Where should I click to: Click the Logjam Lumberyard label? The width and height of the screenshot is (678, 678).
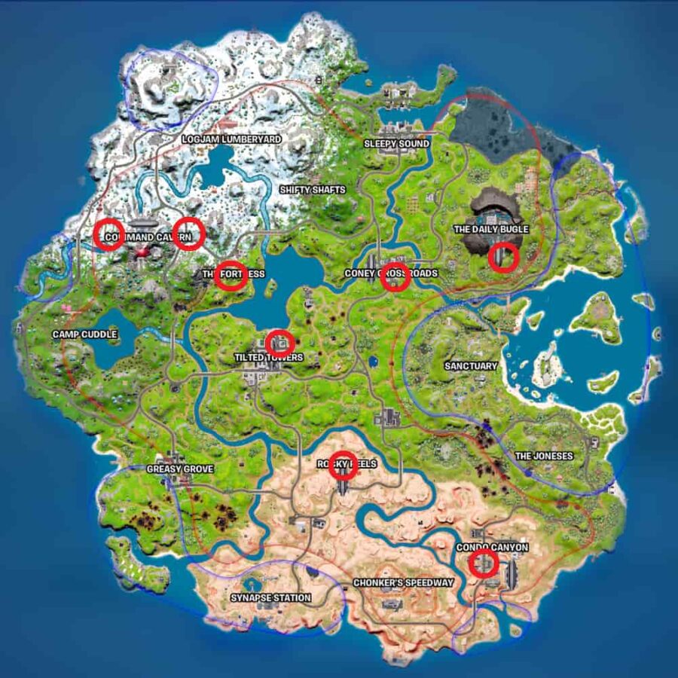coord(231,139)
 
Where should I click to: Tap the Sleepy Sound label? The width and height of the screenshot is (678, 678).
coord(396,143)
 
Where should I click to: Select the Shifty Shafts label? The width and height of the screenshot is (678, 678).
coord(312,190)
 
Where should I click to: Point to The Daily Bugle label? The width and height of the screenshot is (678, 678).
coord(490,228)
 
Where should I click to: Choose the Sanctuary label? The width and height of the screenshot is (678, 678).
coord(471,366)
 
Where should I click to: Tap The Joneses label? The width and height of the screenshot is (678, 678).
coord(543,456)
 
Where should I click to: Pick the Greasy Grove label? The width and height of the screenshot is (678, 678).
coord(180,469)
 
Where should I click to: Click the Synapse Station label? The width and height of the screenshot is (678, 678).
coord(270,598)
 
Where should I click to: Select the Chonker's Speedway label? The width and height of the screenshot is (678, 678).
coord(403,583)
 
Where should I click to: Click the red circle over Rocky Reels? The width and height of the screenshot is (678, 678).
coord(344,465)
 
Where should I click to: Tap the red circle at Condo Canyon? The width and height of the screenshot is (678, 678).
coord(484,563)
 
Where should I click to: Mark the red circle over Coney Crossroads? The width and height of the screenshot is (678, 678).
coord(395,277)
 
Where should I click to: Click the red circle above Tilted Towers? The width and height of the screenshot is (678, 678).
coord(279,343)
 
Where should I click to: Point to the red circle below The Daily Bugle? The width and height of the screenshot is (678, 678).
coord(503,257)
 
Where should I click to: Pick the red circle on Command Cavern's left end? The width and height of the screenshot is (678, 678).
coord(109,234)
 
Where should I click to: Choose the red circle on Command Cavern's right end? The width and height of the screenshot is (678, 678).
coord(189,233)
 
